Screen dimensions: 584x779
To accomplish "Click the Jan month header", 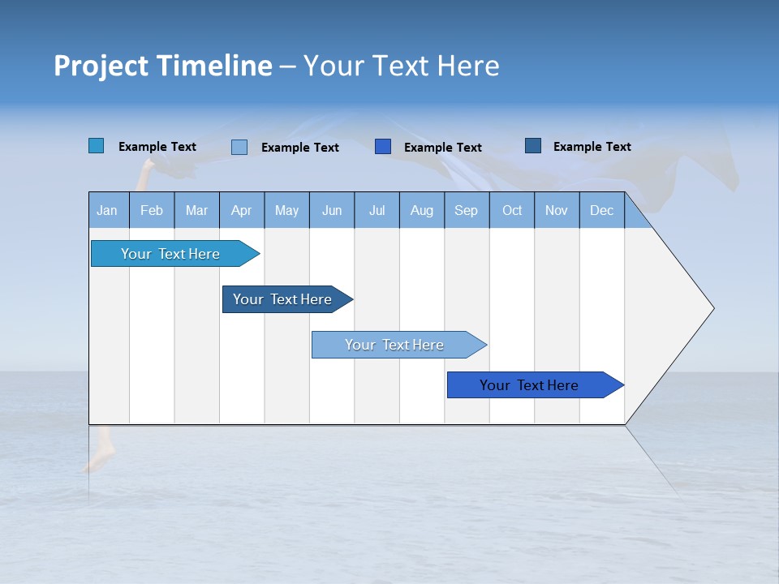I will (x=108, y=210).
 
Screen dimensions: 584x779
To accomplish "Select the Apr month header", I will (x=242, y=210).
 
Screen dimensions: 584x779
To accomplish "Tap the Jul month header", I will (x=377, y=210).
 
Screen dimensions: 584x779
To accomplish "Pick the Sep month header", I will (x=467, y=210).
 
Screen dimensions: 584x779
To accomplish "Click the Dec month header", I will (x=601, y=210).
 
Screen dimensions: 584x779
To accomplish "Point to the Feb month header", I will (x=152, y=210).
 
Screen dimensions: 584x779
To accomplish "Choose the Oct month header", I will (x=512, y=210).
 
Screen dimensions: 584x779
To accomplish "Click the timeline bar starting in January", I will (x=170, y=254).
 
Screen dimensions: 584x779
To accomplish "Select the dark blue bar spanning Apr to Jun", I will (x=282, y=299).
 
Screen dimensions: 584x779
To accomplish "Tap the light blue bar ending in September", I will (x=394, y=345).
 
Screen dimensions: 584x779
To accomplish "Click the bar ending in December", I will (x=529, y=385).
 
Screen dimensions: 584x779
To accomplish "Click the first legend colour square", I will (x=97, y=146).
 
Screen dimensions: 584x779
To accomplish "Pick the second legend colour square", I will (x=239, y=147).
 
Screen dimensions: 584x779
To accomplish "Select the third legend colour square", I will (x=383, y=147).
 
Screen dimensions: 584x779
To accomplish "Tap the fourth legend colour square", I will (x=533, y=146).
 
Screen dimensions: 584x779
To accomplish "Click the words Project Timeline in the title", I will (x=163, y=66).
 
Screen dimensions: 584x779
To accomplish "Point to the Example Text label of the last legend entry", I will (x=592, y=147).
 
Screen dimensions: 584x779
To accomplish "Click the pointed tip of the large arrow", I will (x=712, y=308).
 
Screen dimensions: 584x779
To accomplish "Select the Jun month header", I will (x=332, y=210).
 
